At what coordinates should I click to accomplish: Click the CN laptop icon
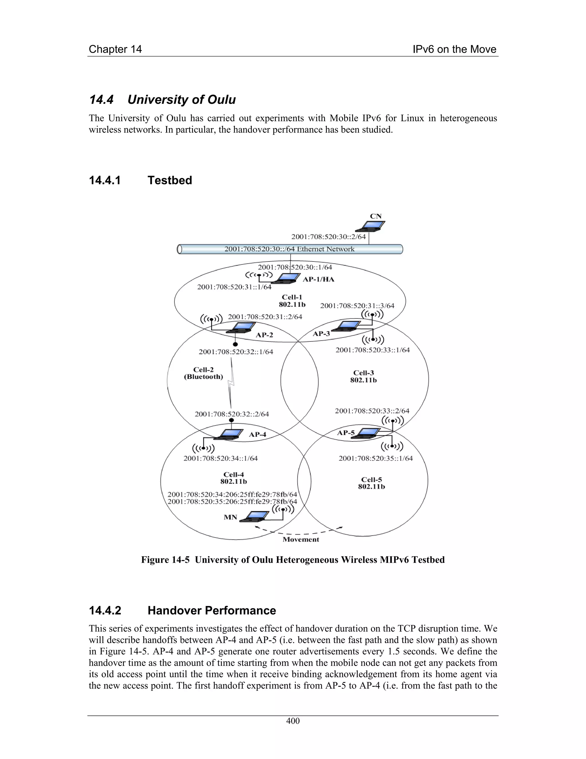[x=371, y=226]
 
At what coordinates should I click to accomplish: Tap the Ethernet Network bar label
[x=289, y=249]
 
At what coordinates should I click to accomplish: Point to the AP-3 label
[x=321, y=334]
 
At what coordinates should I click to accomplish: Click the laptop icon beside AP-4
[x=229, y=434]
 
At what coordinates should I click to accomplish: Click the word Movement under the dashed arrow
[x=301, y=539]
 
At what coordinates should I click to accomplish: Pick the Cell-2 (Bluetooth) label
[x=203, y=373]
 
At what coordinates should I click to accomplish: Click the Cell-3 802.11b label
[x=363, y=376]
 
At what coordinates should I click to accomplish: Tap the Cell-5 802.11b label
[x=371, y=483]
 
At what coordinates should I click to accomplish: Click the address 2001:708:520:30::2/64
[x=328, y=237]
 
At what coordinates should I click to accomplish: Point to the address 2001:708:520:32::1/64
[x=236, y=352]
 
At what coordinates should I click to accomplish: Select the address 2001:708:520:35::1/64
[x=376, y=458]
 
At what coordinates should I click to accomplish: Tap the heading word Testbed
[x=169, y=180]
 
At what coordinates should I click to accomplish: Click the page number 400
[x=293, y=721]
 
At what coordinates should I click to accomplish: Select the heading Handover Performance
[x=211, y=611]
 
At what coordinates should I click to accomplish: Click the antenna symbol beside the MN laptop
[x=283, y=510]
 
